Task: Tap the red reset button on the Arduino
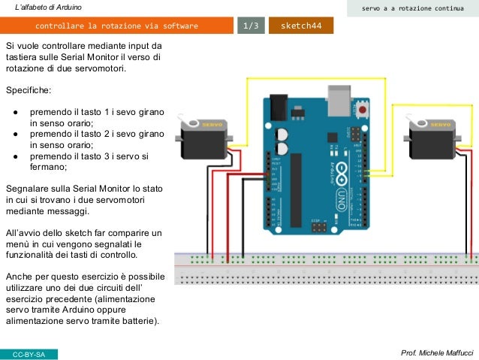click(x=364, y=110)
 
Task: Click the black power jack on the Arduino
click(x=279, y=104)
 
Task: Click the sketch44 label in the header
click(x=300, y=26)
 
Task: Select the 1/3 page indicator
click(x=250, y=26)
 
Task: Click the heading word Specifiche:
click(x=29, y=90)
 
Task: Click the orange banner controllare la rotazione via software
click(x=116, y=26)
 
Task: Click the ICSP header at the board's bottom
click(x=319, y=225)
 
